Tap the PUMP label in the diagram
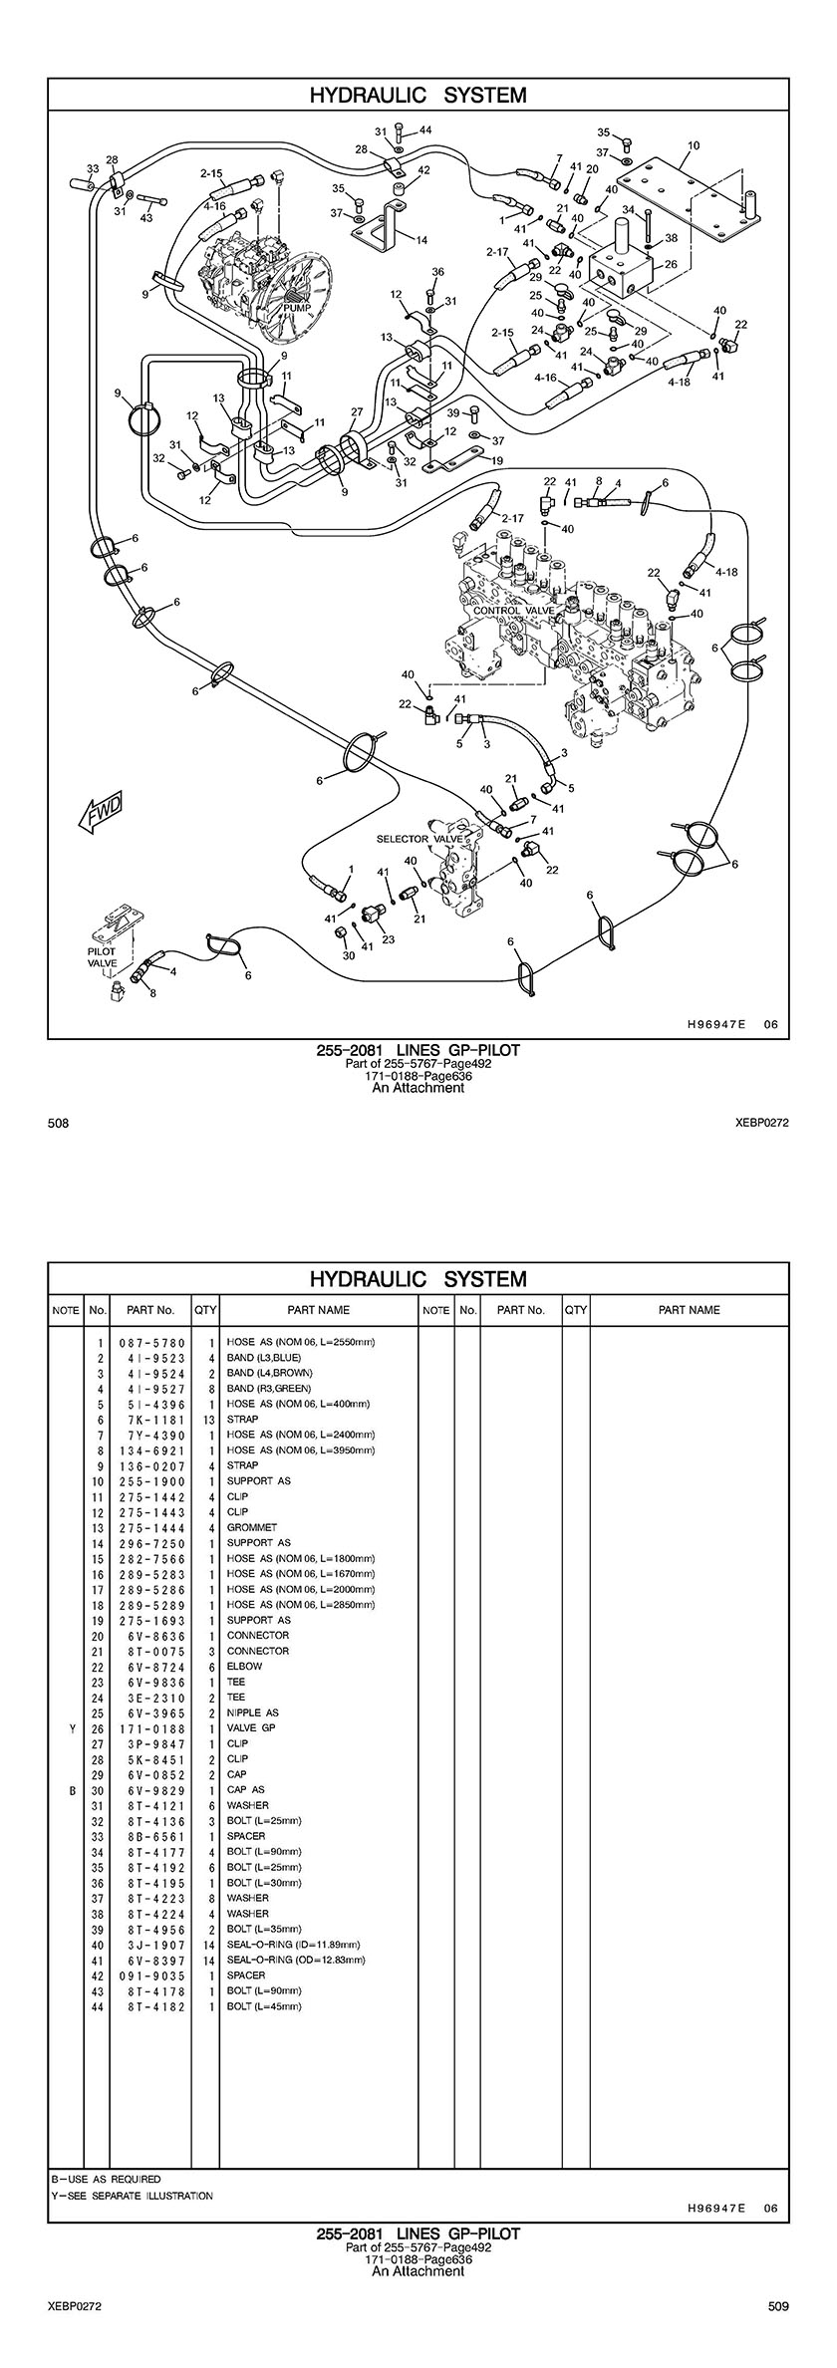click(297, 308)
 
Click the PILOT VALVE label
click(102, 957)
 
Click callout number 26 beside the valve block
click(670, 264)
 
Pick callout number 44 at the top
click(425, 131)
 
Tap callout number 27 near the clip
click(357, 411)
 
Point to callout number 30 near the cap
click(348, 955)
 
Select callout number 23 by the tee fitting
click(388, 938)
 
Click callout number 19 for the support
click(497, 460)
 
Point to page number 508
click(58, 1124)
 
